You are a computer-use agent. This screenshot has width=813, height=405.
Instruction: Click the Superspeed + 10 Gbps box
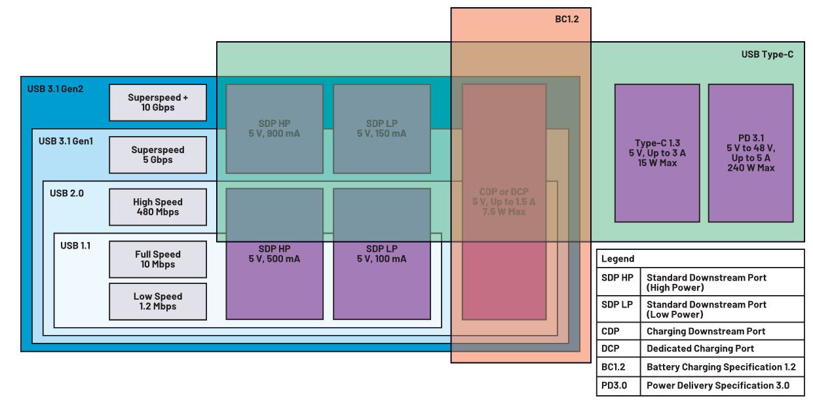click(158, 103)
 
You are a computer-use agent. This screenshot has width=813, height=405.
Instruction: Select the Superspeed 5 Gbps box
click(158, 155)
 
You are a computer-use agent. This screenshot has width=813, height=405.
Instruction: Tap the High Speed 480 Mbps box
click(158, 207)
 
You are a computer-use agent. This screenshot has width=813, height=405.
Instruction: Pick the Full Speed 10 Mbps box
click(158, 260)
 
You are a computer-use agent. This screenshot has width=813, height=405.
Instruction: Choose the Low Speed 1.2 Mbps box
click(158, 302)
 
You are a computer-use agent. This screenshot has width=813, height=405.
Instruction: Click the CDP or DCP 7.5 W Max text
click(503, 202)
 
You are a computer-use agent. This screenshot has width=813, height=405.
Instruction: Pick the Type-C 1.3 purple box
click(656, 153)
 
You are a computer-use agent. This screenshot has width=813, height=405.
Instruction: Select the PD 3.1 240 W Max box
click(751, 153)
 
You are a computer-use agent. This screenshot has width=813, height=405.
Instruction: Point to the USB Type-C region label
click(767, 54)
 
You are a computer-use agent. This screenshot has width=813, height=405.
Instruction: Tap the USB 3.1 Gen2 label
click(55, 88)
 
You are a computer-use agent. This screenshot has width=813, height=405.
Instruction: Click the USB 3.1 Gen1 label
click(66, 141)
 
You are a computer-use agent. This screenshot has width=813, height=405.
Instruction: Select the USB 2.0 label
click(66, 193)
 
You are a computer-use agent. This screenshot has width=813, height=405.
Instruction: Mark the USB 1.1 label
click(75, 245)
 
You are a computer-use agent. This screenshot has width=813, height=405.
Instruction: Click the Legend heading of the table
click(617, 259)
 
